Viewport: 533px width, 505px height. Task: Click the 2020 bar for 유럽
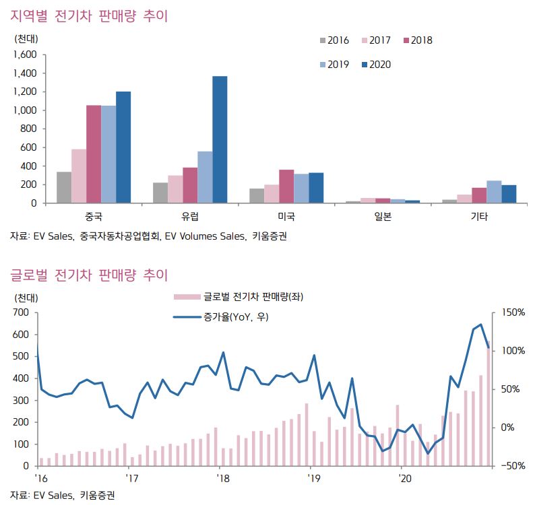[220, 139]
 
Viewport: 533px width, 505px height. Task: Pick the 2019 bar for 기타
[494, 192]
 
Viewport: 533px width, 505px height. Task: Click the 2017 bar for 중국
[79, 176]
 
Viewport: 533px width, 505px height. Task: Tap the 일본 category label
[383, 217]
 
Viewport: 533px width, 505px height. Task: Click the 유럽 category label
[190, 217]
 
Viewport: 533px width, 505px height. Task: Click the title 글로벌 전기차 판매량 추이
[88, 275]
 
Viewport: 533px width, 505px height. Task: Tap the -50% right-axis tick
[513, 466]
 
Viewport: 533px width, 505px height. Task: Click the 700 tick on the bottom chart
[22, 312]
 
